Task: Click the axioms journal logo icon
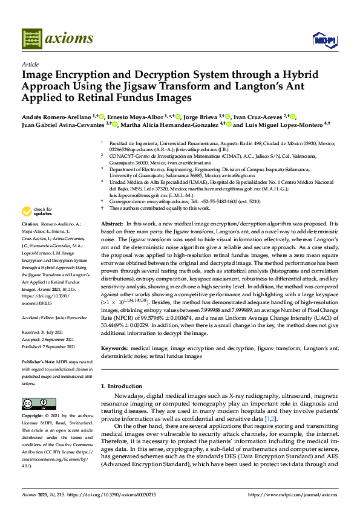31,39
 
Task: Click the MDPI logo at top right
324,40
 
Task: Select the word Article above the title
30,63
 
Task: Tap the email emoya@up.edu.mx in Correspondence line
153,201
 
